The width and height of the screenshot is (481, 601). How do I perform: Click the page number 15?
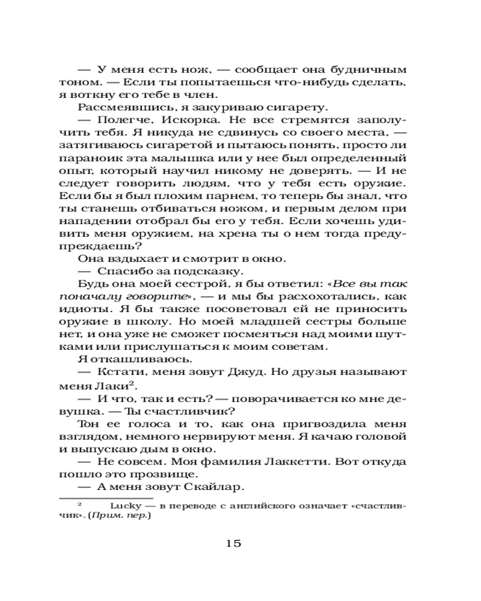[233, 543]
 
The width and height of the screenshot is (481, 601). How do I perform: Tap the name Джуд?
[247, 373]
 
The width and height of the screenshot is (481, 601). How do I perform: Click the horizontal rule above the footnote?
[105, 498]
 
